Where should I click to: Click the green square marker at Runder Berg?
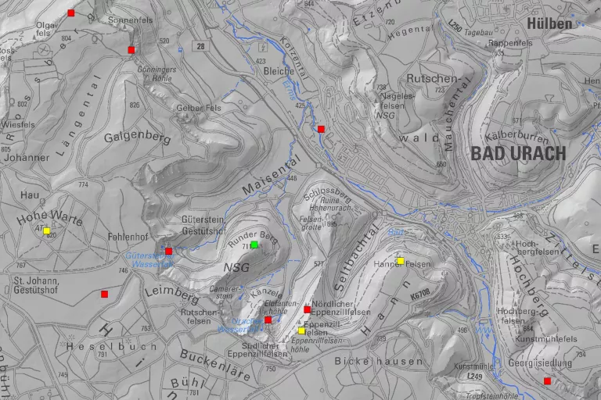pos(254,245)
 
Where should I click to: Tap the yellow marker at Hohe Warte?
pos(47,230)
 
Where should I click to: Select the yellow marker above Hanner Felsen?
pos(400,261)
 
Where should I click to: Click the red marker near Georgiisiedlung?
pos(547,380)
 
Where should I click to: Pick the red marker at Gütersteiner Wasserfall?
pos(168,251)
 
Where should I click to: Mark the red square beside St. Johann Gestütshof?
pos(104,294)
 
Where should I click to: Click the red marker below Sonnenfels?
pos(131,50)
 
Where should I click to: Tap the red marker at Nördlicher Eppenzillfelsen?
pos(307,309)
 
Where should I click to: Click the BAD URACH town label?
pos(518,154)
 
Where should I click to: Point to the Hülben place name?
pos(549,23)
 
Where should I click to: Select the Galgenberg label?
pos(137,137)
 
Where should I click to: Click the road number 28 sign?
pos(201,47)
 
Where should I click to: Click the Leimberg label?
pos(171,294)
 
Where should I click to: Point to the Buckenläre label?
pos(214,364)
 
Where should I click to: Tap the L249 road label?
pos(475,377)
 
